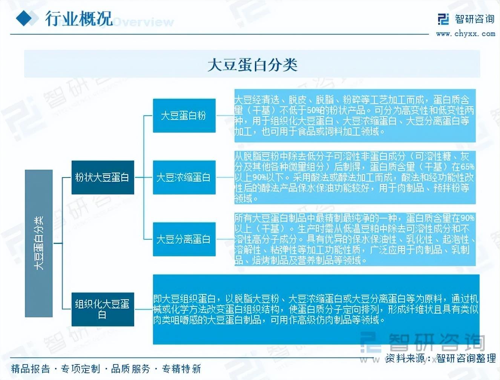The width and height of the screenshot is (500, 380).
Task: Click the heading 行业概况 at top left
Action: [x=79, y=18]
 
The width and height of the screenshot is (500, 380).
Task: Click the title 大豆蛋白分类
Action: [x=252, y=65]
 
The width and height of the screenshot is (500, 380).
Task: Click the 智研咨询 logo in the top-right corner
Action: [x=466, y=19]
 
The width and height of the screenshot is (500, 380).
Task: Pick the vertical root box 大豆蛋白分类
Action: [x=38, y=243]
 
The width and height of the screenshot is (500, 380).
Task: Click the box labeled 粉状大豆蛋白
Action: [x=103, y=177]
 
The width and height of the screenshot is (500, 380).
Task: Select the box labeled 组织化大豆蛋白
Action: [x=103, y=309]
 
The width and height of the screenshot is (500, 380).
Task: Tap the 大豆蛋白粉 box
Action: [x=184, y=115]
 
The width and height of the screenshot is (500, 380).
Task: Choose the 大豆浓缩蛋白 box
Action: [x=184, y=177]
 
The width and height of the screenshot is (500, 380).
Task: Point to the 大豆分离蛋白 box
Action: [x=184, y=239]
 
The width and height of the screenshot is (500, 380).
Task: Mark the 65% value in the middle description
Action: [x=467, y=167]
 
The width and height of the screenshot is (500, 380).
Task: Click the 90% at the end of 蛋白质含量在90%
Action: [x=467, y=218]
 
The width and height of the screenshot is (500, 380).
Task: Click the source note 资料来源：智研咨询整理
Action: [x=440, y=358]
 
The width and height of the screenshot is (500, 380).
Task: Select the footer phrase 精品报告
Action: [x=31, y=369]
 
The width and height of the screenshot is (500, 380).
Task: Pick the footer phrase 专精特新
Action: [x=181, y=369]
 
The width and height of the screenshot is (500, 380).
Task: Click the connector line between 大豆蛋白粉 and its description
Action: [x=225, y=116]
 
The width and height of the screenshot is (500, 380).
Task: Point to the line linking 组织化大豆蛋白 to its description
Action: [x=143, y=309]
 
